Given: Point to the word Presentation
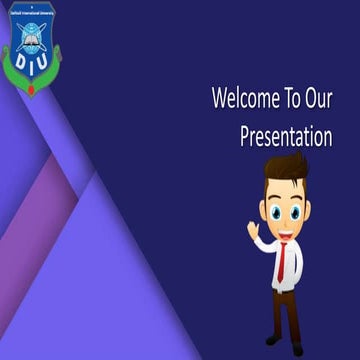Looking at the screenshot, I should point(285,137).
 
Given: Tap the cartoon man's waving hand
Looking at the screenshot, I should point(253,230).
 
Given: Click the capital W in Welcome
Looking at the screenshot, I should point(219,100).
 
